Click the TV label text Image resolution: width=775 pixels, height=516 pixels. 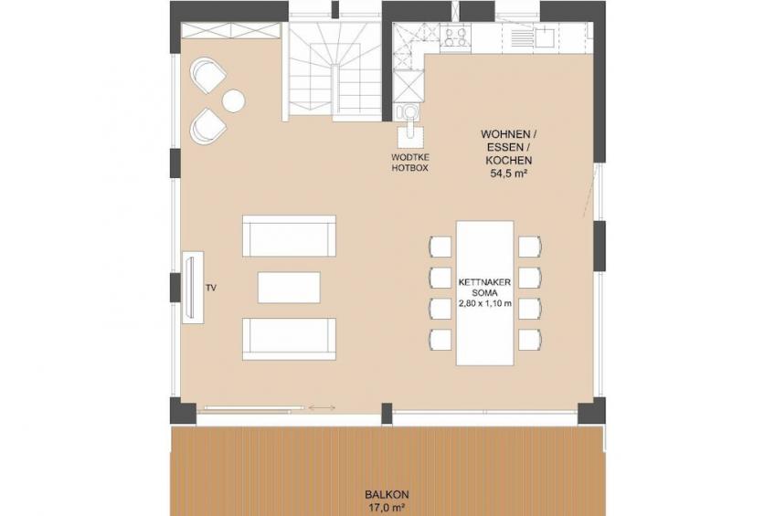[211, 288]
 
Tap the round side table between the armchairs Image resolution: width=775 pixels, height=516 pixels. [234, 101]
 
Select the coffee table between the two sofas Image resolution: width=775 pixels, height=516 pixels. [289, 288]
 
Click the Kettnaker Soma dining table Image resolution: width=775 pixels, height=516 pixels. [485, 293]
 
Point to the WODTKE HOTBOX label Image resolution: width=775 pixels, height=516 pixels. [410, 163]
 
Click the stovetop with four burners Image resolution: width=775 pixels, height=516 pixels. [455, 37]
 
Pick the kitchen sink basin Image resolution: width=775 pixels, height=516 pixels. [545, 36]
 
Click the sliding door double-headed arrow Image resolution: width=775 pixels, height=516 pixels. [322, 408]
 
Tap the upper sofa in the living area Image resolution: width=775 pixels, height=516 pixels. [289, 236]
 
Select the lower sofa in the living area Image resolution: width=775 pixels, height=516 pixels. [289, 339]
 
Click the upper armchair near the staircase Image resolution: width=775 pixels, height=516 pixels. [207, 75]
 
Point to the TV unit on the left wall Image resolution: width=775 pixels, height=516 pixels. [193, 288]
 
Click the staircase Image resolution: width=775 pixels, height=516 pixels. [334, 70]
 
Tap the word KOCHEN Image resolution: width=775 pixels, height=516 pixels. [509, 161]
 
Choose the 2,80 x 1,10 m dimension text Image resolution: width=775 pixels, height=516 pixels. [485, 304]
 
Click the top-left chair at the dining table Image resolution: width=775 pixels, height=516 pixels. [441, 247]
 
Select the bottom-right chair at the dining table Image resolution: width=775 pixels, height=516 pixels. [530, 340]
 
